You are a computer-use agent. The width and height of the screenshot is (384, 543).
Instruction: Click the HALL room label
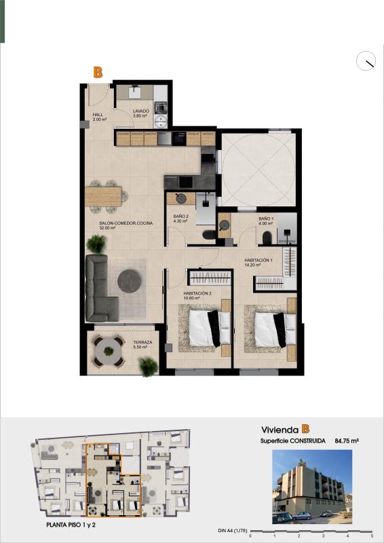[97, 114]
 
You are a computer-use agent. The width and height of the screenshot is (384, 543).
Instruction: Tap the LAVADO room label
[140, 111]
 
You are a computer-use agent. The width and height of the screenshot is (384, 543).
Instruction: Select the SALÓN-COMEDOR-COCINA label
[126, 223]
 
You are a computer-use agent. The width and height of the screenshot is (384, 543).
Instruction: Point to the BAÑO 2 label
[180, 216]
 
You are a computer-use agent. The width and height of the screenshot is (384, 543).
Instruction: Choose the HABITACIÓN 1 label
[258, 260]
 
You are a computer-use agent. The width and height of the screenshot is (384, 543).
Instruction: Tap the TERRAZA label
[142, 343]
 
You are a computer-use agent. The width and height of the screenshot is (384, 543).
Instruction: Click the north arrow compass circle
[366, 61]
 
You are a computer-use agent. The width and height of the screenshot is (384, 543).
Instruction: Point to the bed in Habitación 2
[204, 327]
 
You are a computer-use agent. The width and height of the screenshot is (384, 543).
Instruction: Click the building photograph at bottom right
[312, 487]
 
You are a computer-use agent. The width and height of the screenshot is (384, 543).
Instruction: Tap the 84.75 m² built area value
[346, 441]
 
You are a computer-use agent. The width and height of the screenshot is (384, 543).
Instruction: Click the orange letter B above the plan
[98, 71]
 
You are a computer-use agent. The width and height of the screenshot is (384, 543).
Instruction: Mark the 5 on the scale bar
[372, 536]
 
